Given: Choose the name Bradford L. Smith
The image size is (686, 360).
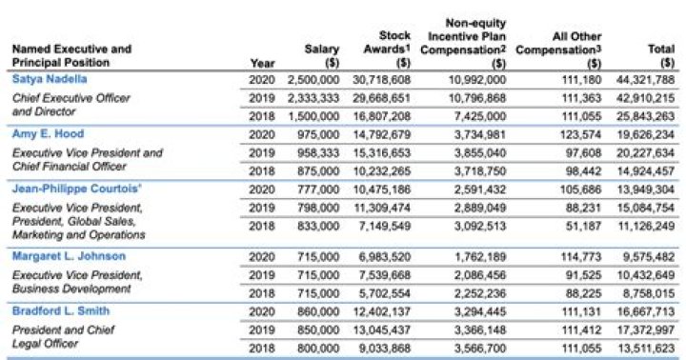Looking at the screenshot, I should pyautogui.click(x=60, y=310).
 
